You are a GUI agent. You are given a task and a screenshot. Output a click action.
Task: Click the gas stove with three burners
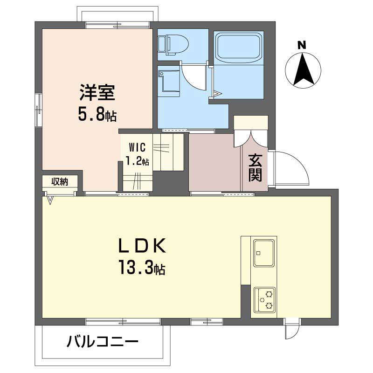pyautogui.click(x=264, y=299)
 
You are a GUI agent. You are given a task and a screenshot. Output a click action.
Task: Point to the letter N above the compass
pyautogui.click(x=302, y=45)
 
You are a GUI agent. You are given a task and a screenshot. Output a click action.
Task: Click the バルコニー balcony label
pyautogui.click(x=103, y=343)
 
